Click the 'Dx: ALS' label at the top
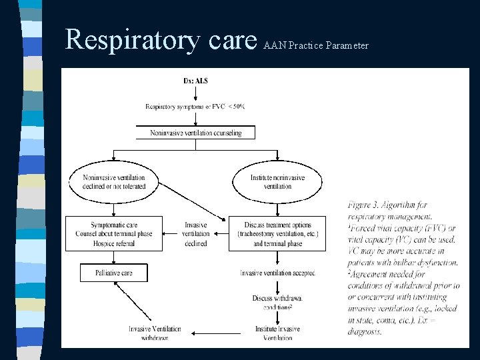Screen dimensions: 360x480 [195, 81]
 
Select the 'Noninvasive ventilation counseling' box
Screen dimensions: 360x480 [195, 133]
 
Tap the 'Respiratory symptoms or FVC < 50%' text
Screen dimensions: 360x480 [195, 107]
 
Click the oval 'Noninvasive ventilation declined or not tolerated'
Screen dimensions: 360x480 [114, 182]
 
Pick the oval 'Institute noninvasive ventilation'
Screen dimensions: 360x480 [277, 182]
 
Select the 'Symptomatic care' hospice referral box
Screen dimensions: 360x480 [114, 234]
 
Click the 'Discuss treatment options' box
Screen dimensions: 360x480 [277, 234]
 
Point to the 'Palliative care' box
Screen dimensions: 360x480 [114, 273]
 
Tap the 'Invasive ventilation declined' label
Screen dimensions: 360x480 [195, 234]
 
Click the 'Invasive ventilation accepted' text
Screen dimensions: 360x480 [277, 273]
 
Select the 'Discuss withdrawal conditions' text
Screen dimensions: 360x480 [277, 302]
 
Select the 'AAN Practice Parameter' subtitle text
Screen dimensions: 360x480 [316, 46]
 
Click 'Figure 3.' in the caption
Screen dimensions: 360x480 [365, 205]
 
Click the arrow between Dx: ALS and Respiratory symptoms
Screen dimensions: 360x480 [195, 93]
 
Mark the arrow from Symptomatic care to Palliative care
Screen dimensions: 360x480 [114, 257]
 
